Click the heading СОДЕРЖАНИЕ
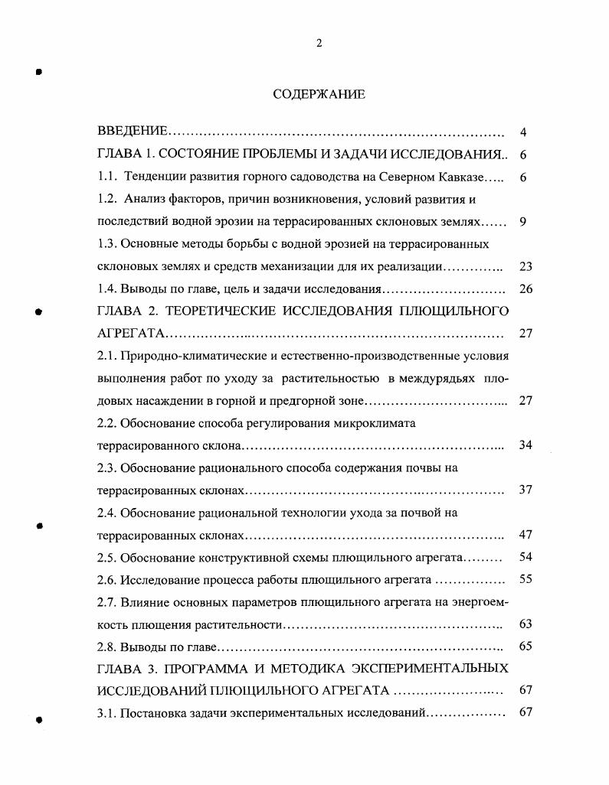point(319,94)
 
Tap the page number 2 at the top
point(319,43)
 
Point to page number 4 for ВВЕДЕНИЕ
point(522,132)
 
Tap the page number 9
point(522,222)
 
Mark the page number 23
point(525,267)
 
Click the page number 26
point(525,289)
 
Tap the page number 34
point(525,445)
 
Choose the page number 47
point(525,535)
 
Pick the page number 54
point(525,557)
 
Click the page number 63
point(525,624)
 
